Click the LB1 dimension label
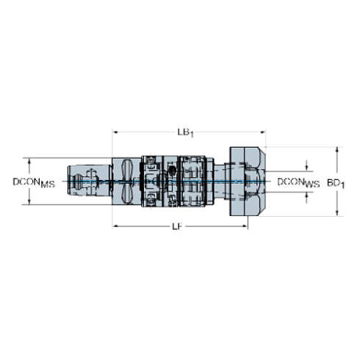(185, 133)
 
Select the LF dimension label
(177, 227)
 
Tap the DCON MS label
(34, 183)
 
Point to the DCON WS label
(298, 183)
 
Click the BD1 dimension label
(336, 184)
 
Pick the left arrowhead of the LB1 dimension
(115, 132)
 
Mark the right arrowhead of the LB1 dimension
(263, 132)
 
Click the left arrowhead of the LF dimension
(115, 226)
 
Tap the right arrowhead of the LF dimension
(245, 226)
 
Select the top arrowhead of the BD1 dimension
(337, 150)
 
